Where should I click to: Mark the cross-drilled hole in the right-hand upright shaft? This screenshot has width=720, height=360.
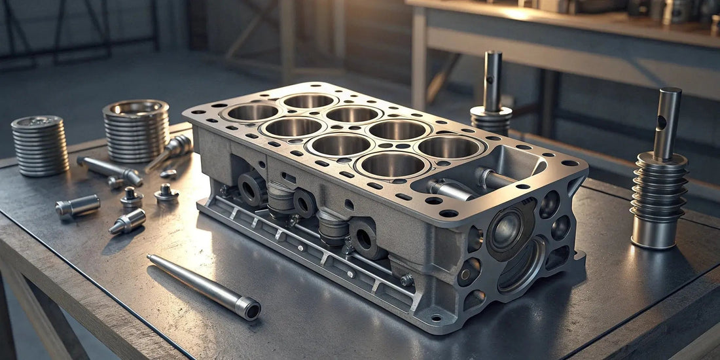[662, 122]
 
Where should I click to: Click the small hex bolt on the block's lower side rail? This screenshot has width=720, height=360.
[406, 280]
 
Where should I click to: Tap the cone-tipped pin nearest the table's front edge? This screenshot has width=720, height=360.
[127, 223]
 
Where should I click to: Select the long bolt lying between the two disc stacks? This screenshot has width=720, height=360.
[109, 170]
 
